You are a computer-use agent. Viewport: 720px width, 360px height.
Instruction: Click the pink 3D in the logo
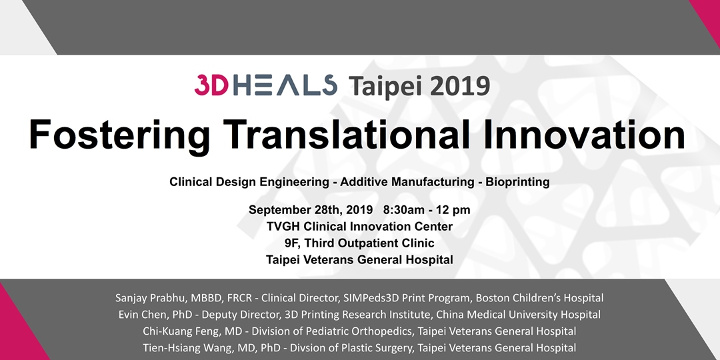point(211,85)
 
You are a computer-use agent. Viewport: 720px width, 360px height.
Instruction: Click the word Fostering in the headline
point(119,135)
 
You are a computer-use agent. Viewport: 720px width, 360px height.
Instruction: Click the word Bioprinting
point(517,182)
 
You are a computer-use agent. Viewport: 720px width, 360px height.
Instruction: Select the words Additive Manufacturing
point(407,182)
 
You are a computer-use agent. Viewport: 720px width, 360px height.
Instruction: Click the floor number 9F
point(291,243)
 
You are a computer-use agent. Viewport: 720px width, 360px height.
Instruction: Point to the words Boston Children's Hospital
point(539,298)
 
